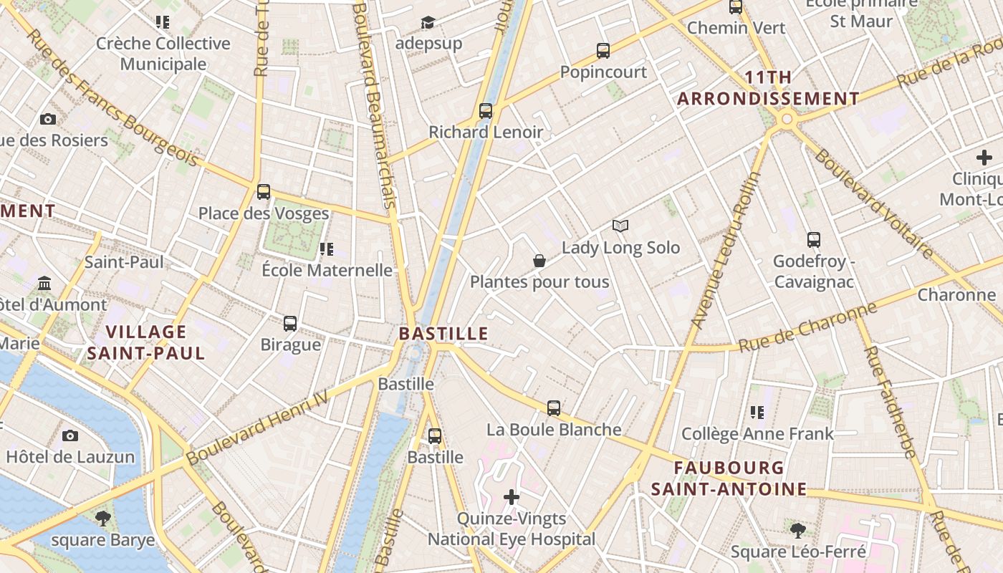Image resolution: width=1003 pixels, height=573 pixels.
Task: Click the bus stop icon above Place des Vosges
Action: click(x=264, y=192)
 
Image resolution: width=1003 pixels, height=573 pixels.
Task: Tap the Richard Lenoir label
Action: click(x=486, y=132)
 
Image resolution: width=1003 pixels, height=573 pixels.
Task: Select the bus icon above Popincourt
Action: click(x=603, y=51)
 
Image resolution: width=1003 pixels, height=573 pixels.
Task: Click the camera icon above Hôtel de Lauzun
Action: click(x=70, y=435)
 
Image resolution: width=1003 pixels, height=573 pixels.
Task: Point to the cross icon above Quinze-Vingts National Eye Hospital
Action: click(x=512, y=497)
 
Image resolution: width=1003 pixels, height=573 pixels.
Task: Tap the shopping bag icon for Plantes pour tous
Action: click(x=539, y=261)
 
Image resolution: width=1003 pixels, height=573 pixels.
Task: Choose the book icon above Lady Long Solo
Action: click(x=620, y=226)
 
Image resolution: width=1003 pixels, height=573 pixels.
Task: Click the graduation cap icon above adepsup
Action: click(x=428, y=23)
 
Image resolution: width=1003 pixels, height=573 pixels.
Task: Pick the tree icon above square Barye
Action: click(x=103, y=518)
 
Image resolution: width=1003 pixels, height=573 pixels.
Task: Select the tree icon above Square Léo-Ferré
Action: click(x=798, y=531)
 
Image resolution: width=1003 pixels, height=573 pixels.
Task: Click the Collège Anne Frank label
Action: click(x=757, y=433)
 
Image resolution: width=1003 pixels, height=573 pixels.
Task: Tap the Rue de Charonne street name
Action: click(x=807, y=327)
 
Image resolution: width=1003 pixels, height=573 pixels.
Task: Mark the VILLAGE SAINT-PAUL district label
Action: click(x=146, y=342)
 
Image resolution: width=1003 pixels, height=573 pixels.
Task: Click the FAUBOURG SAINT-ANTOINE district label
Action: click(x=729, y=478)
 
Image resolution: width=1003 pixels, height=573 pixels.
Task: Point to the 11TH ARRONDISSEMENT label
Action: click(x=768, y=88)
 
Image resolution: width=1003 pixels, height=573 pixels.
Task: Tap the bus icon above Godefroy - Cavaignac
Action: click(x=813, y=240)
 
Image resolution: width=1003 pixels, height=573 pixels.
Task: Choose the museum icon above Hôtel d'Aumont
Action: click(x=45, y=284)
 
